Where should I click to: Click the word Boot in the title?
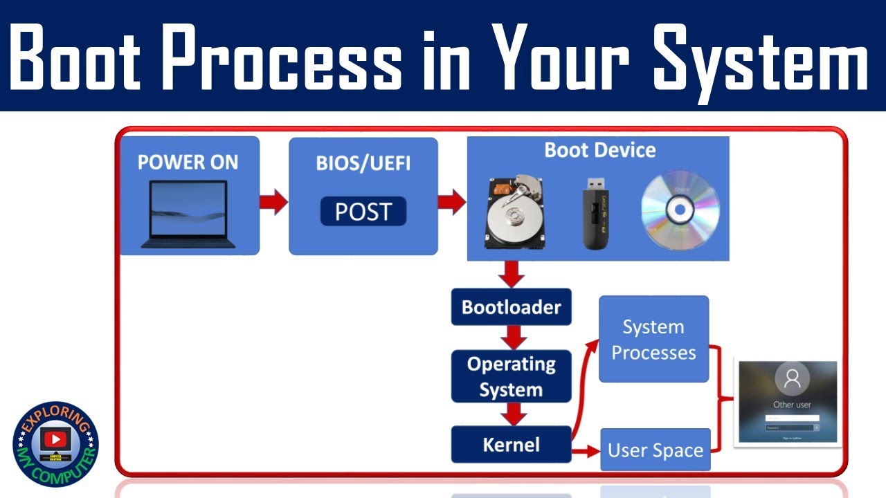click(78, 57)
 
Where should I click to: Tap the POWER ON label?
click(188, 163)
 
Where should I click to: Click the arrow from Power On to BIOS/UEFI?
click(273, 201)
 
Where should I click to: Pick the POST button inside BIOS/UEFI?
click(363, 212)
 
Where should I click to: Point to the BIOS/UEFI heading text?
click(363, 163)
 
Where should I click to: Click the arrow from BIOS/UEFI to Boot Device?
click(452, 201)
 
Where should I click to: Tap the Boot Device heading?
click(599, 150)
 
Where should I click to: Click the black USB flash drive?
click(594, 213)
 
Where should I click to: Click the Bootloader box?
click(511, 307)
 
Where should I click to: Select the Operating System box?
click(511, 376)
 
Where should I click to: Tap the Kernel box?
click(511, 444)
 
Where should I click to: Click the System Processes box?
click(653, 339)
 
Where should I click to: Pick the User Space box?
click(655, 450)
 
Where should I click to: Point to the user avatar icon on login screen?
click(793, 378)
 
